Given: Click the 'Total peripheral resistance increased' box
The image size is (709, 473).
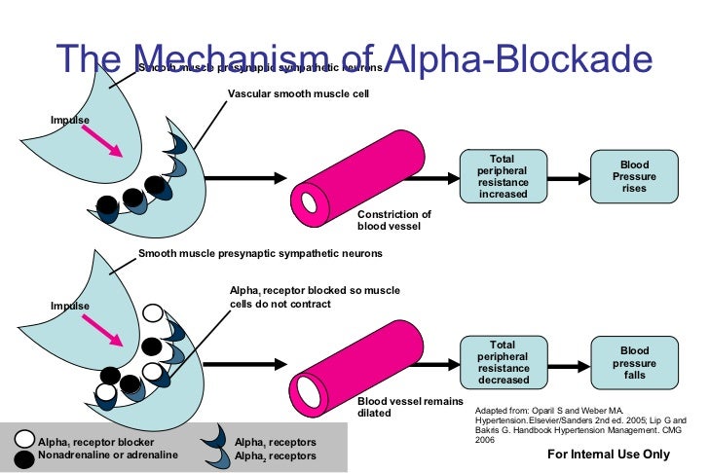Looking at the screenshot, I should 503,176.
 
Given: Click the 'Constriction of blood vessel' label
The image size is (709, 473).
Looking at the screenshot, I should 392,220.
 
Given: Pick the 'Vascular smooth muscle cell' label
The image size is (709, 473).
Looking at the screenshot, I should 298,94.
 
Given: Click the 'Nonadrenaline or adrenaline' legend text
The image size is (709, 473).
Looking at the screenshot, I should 108,455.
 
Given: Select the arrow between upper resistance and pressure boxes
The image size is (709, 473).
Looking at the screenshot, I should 564,176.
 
